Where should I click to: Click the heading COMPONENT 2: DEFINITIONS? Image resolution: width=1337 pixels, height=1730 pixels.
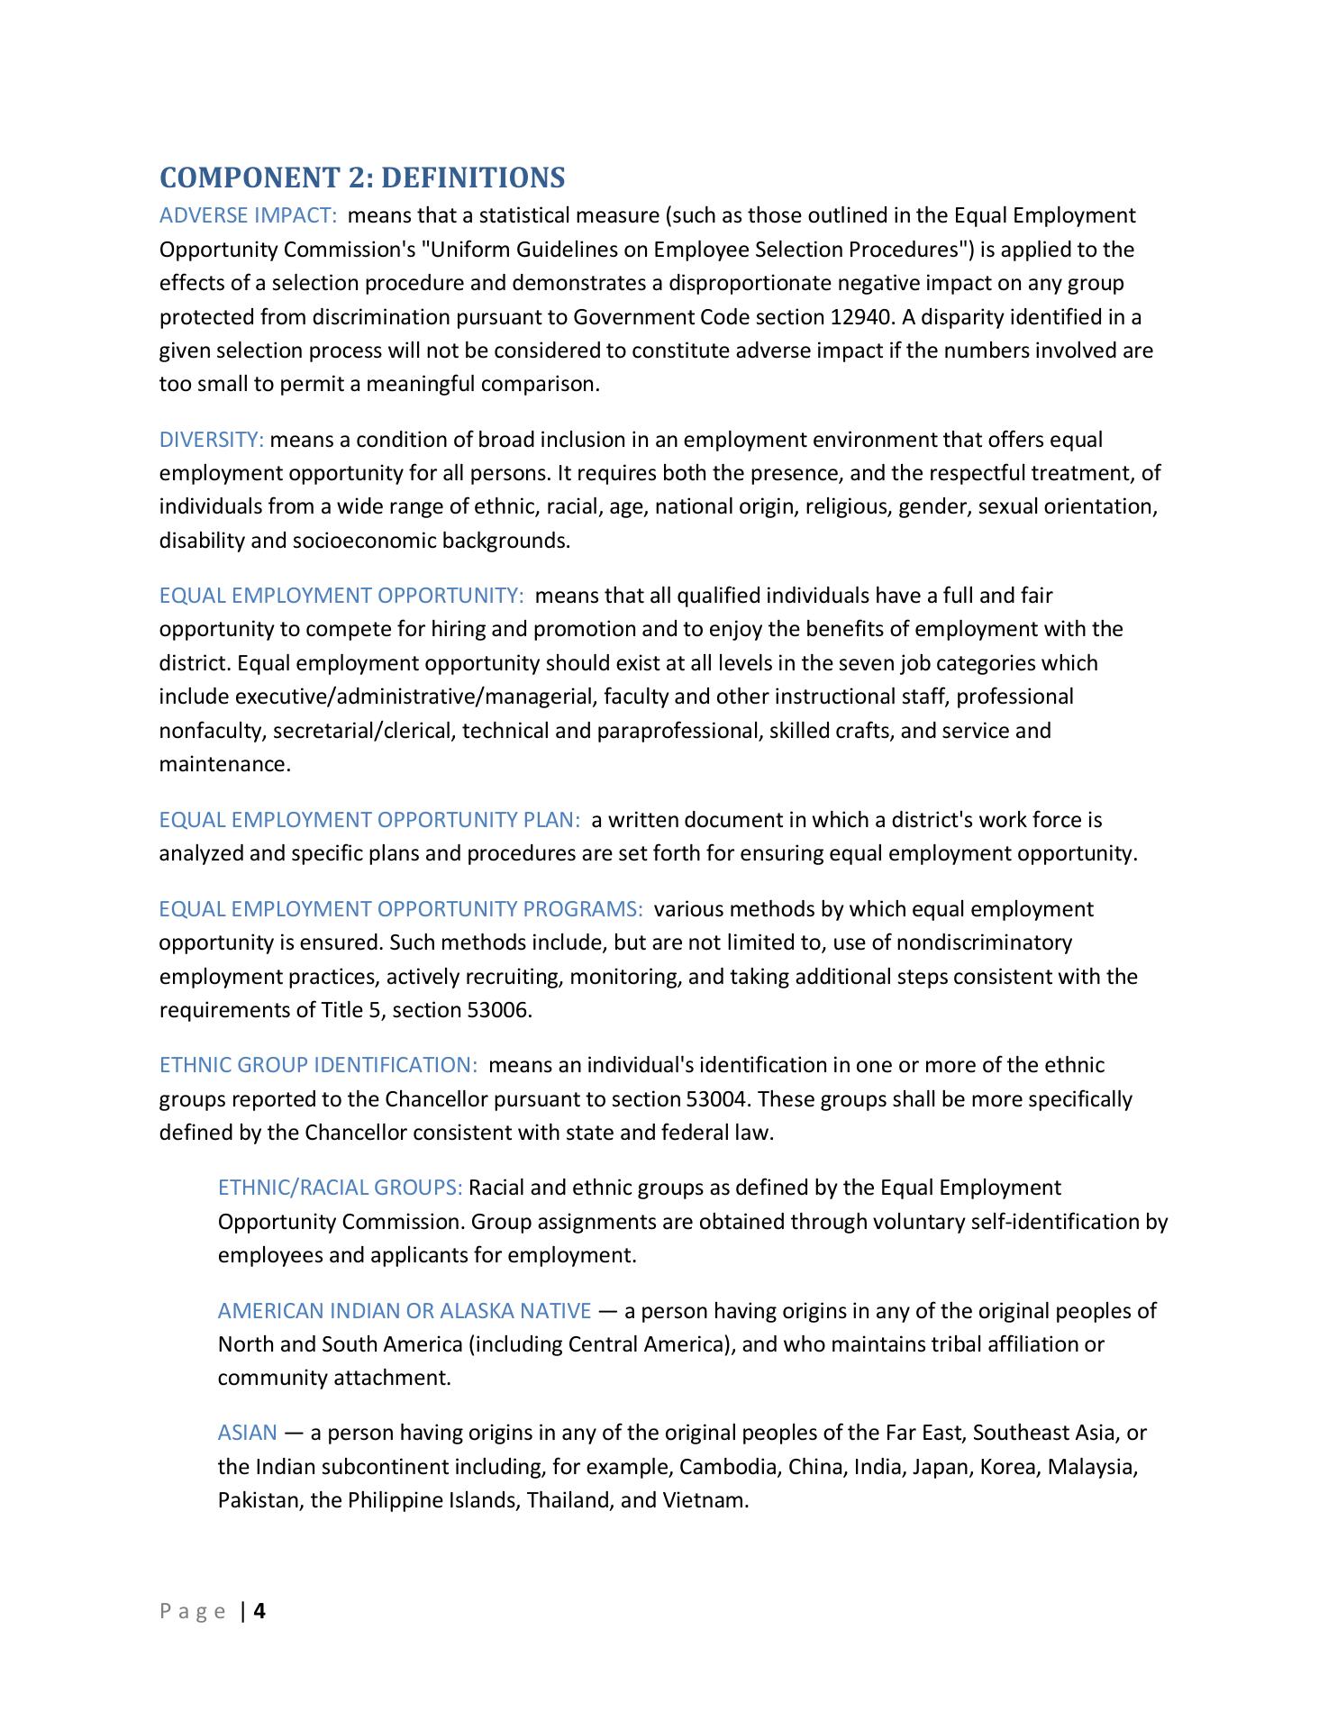point(362,178)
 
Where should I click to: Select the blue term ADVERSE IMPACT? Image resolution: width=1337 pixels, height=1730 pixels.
point(248,215)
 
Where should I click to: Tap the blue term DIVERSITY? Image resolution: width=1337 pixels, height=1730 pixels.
point(212,440)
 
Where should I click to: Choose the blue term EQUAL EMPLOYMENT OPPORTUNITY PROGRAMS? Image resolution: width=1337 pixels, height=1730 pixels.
point(401,908)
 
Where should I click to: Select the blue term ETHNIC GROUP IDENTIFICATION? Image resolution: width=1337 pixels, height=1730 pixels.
point(318,1065)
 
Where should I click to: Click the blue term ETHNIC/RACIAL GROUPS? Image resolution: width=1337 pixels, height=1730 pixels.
point(340,1188)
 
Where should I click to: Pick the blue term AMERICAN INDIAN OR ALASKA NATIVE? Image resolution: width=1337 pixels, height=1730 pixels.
point(405,1310)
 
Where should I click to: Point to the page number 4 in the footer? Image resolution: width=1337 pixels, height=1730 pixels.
point(259,1611)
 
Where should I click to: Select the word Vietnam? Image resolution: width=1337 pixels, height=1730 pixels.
point(705,1501)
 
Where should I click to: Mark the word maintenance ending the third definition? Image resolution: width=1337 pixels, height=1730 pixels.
point(224,765)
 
